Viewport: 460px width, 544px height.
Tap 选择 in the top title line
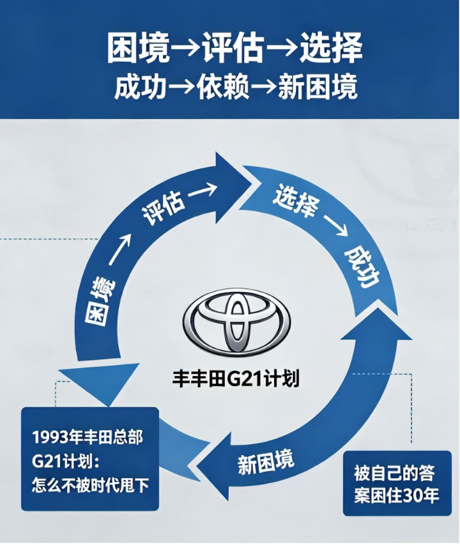328,48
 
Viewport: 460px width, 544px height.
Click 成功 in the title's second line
140,87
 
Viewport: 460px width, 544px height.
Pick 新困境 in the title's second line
318,87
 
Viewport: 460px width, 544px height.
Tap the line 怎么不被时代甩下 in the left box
90,485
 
